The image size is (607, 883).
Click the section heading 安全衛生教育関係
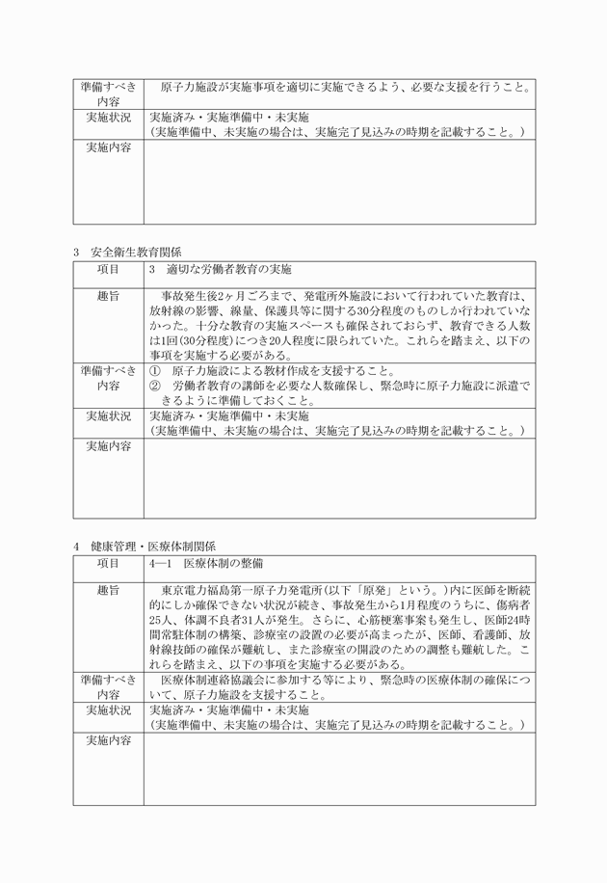pyautogui.click(x=136, y=253)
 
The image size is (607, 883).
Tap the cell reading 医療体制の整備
pyautogui.click(x=223, y=563)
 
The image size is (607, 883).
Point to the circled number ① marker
pyautogui.click(x=155, y=371)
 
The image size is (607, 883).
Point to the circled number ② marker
pyautogui.click(x=155, y=386)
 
